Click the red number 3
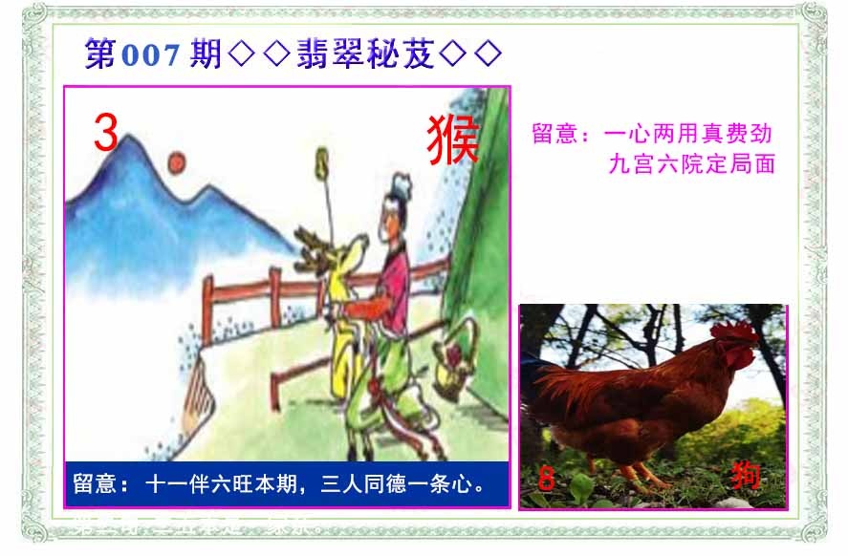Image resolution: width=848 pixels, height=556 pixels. tap(105, 133)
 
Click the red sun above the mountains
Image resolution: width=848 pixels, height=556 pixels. tap(177, 162)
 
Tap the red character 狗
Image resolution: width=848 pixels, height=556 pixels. tap(745, 475)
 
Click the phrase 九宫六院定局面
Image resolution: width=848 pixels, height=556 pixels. tap(690, 163)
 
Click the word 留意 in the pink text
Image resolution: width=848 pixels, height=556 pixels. tap(554, 133)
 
